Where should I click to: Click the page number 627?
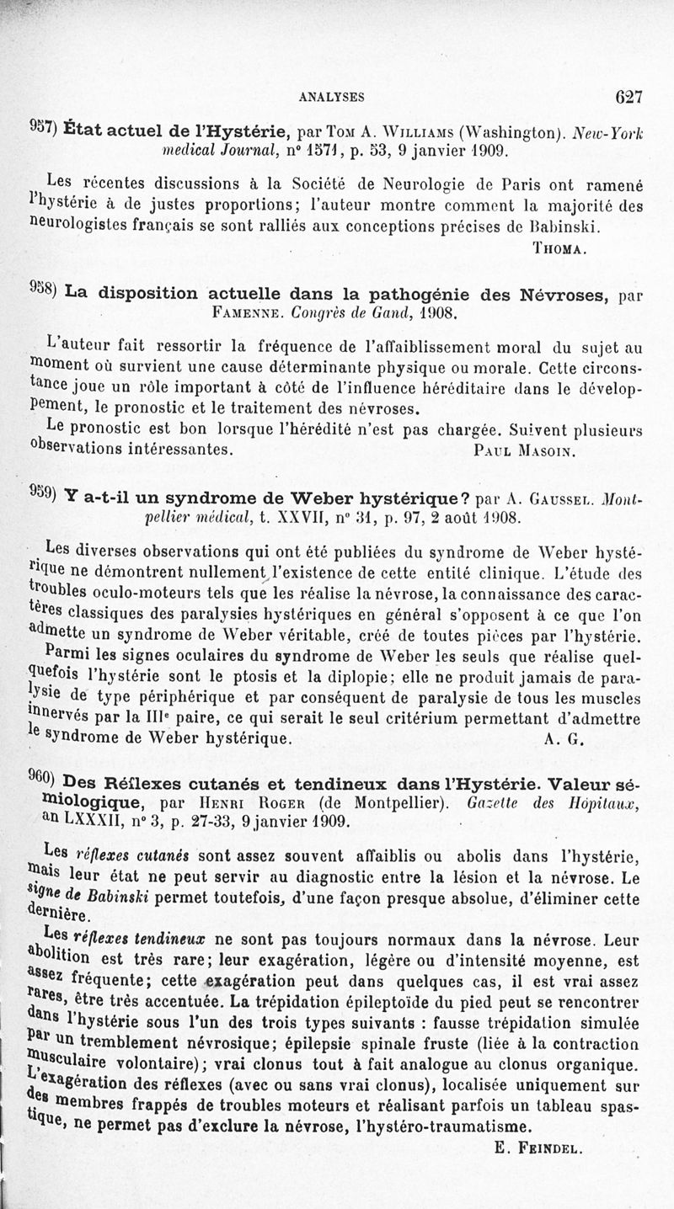[x=629, y=96]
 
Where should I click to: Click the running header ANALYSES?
[x=331, y=97]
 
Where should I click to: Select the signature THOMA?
[x=560, y=248]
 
